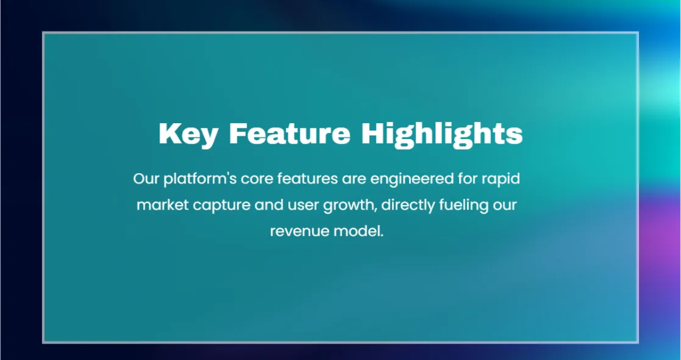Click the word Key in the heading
coord(188,135)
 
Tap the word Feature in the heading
coord(289,133)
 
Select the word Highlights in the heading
coord(442,135)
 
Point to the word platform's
coord(200,179)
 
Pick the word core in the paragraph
coord(257,179)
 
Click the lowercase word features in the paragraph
coord(308,179)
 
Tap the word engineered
coord(412,179)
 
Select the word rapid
coord(501,179)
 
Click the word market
coord(163,205)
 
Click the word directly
coord(408,206)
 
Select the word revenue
coord(300,232)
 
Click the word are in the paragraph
coord(354,179)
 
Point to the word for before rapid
coord(468,179)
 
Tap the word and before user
coord(269,205)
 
